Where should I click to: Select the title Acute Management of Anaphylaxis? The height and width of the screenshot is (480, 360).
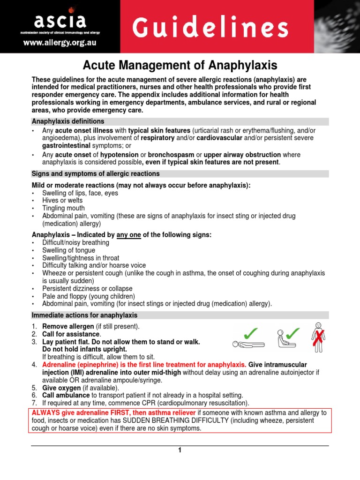[x=180, y=65]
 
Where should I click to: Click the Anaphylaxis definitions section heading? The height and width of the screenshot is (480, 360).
[x=67, y=121]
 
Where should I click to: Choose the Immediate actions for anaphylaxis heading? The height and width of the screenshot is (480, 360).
[x=84, y=315]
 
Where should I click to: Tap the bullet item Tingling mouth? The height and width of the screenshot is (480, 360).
[x=63, y=208]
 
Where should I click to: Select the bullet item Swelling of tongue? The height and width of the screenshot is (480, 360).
[x=68, y=250]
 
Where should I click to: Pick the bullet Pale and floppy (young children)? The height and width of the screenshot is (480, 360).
[x=88, y=296]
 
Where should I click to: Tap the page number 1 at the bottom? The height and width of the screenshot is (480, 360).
[x=179, y=450]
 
